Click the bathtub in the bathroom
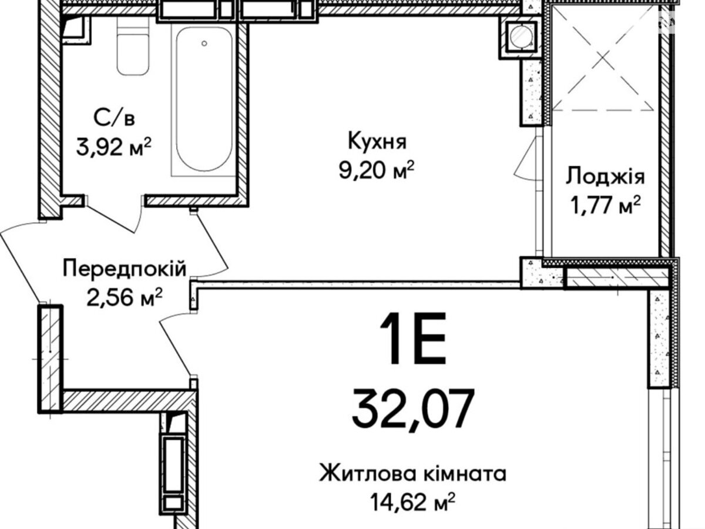point(204,99)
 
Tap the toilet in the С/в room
point(133,46)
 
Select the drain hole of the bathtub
point(204,43)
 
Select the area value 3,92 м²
point(114,148)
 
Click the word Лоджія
point(605,178)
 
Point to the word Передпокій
point(125,269)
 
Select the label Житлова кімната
point(413,474)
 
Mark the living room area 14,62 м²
point(413,503)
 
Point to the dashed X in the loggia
point(604,58)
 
